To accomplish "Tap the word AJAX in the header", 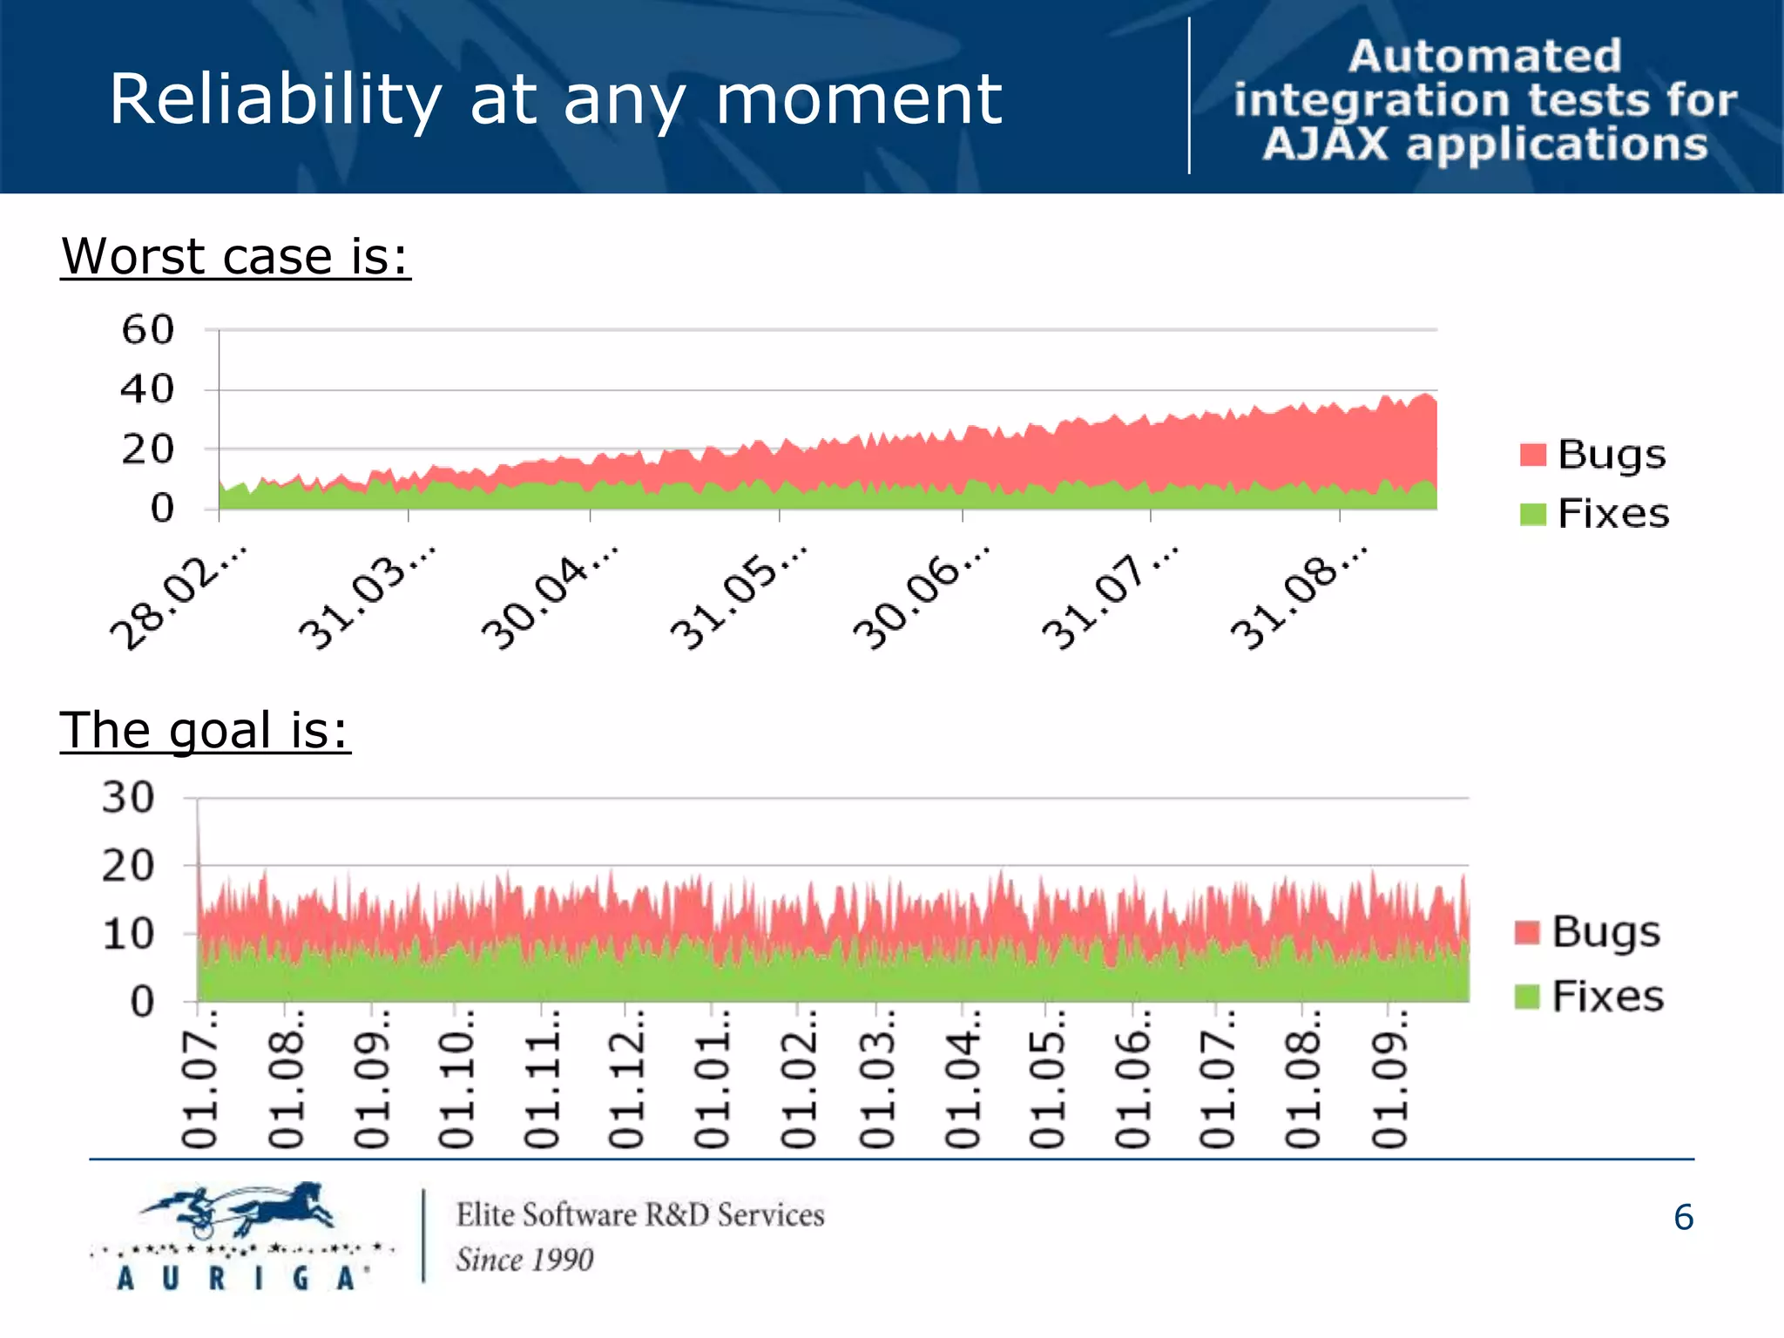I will (1325, 145).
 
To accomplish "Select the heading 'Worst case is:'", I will (235, 257).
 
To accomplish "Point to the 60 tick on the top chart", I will (148, 331).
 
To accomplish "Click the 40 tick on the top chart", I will (148, 389).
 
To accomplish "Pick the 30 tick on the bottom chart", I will (128, 798).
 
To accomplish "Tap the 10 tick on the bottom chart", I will (128, 935).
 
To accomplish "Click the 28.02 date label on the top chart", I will (179, 598).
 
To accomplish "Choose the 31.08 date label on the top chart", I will (1299, 598).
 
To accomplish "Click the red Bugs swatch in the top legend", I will (1532, 455).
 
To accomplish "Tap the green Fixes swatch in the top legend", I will (1532, 514).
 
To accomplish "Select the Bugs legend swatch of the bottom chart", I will (1527, 932).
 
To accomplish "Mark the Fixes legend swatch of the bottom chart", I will (1527, 997).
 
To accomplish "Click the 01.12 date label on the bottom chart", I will (625, 1080).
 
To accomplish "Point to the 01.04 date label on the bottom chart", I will (963, 1080).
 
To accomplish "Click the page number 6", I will (1683, 1218).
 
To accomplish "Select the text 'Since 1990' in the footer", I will (524, 1260).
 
